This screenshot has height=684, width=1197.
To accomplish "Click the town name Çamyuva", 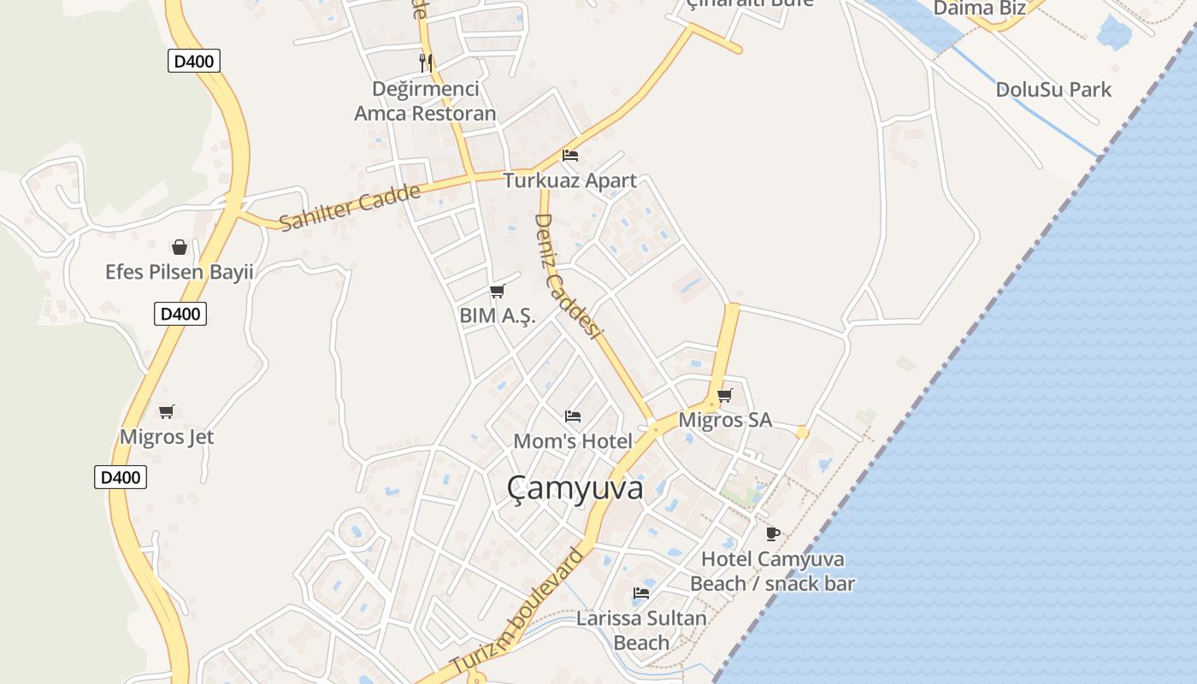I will tap(575, 488).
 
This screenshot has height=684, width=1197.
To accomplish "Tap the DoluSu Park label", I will tap(1053, 89).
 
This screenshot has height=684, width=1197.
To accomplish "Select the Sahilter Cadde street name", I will tap(351, 207).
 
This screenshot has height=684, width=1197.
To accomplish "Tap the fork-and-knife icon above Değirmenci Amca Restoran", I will tap(425, 62).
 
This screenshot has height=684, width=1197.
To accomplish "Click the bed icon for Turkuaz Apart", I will tap(570, 156).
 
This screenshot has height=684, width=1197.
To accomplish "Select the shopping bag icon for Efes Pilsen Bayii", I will tap(180, 247).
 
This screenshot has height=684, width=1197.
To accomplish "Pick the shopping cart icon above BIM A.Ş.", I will tap(497, 291).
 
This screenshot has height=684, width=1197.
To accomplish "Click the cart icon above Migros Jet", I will tap(167, 412).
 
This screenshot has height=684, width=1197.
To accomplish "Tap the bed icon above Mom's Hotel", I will tap(573, 416).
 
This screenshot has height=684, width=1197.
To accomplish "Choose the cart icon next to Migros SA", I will tap(725, 395).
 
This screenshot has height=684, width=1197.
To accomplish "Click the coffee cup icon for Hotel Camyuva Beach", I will tap(773, 534).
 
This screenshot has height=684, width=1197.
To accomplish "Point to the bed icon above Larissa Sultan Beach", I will tap(641, 593).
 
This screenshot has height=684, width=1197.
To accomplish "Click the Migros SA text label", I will tap(725, 420).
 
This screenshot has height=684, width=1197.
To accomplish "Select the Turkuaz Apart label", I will tap(569, 180).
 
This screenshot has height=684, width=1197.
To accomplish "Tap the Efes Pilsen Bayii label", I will tap(180, 272).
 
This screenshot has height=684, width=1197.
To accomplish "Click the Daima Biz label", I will tap(979, 9).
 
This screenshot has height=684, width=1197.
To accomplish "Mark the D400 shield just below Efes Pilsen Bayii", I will tap(180, 314).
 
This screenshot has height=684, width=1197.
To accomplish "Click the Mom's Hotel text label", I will tap(573, 441).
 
